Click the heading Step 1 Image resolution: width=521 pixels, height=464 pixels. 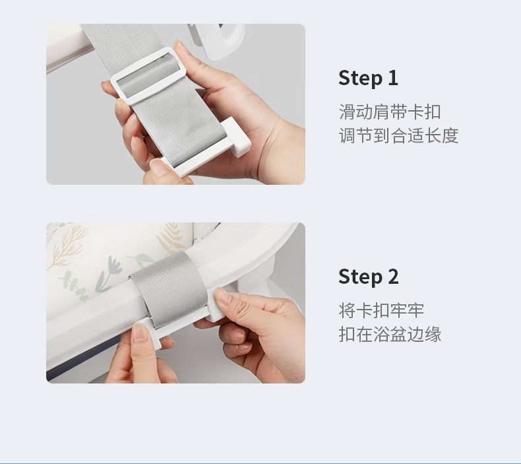click(x=368, y=78)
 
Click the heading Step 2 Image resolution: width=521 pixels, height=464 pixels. click(x=368, y=277)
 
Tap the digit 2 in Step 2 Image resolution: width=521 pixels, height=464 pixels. click(x=393, y=277)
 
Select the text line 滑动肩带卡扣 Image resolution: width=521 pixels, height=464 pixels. click(x=390, y=112)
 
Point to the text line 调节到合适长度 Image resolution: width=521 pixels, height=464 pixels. click(x=398, y=136)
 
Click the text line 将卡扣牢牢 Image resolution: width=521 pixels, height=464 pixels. click(x=381, y=310)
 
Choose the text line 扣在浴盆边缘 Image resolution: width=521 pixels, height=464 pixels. click(x=390, y=334)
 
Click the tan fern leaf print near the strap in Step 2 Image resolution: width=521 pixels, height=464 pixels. click(x=170, y=237)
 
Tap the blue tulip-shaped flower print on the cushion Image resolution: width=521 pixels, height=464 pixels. click(x=109, y=272)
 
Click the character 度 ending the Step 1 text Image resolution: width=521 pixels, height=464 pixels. click(x=450, y=136)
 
